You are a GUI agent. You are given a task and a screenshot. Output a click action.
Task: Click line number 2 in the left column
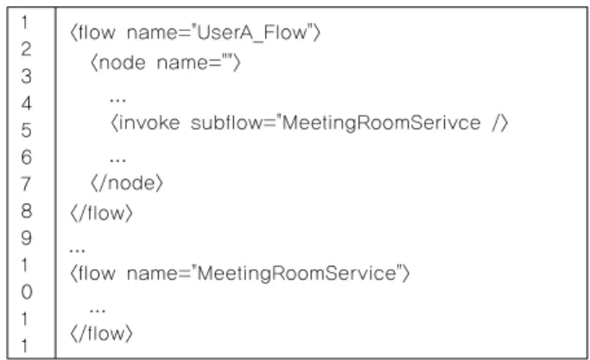(26, 49)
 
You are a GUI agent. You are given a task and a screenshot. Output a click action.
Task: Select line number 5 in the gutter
(26, 130)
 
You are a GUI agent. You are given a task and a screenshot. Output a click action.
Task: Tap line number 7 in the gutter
(26, 184)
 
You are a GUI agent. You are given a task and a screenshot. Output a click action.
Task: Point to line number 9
(26, 237)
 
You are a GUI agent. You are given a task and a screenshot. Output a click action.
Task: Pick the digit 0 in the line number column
(26, 292)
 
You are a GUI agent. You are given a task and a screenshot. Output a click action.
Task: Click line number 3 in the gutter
(26, 76)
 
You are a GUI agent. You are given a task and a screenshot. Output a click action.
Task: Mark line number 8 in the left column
(26, 211)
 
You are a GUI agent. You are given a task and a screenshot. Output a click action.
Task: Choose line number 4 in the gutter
(26, 104)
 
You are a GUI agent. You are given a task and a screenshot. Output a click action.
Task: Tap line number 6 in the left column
(26, 157)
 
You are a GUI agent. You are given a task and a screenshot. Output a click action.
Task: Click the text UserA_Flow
(252, 33)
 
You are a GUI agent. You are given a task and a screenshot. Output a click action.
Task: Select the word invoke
(149, 123)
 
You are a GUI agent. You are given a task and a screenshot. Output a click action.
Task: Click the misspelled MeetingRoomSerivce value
(381, 123)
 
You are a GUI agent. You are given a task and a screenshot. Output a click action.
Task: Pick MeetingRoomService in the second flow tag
(296, 274)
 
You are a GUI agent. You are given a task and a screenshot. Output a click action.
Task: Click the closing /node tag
(127, 184)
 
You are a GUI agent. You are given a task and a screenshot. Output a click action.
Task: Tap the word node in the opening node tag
(123, 63)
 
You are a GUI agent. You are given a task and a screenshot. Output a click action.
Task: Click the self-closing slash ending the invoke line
(496, 123)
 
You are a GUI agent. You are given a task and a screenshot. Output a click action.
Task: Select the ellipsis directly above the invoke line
(117, 100)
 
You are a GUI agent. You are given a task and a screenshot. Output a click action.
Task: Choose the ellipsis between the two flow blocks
(77, 250)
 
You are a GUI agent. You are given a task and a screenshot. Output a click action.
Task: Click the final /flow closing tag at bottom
(102, 333)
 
